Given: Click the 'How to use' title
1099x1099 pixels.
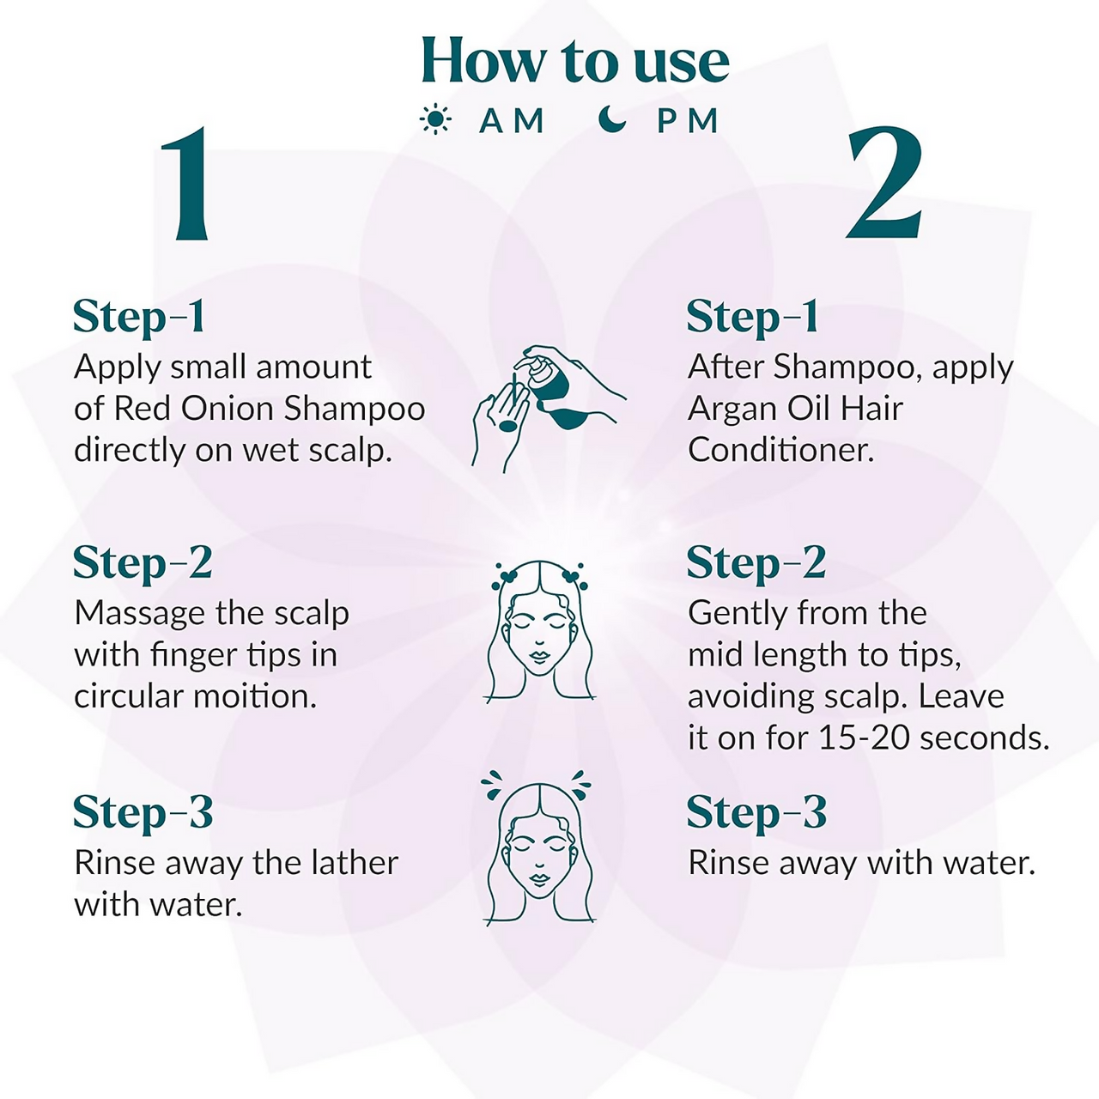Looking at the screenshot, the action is (x=575, y=60).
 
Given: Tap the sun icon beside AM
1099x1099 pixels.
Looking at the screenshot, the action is (x=435, y=119).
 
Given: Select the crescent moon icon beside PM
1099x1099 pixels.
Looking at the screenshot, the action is (x=612, y=119).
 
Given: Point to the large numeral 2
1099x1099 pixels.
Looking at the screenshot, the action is (x=883, y=183).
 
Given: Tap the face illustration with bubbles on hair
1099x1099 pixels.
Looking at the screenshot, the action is (x=539, y=631).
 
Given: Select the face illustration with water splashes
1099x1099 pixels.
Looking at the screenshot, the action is (x=538, y=847).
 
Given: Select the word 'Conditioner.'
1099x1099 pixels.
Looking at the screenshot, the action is (x=780, y=450).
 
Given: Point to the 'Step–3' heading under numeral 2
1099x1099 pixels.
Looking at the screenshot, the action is (x=756, y=813).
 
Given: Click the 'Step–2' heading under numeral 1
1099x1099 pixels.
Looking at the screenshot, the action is (x=143, y=564).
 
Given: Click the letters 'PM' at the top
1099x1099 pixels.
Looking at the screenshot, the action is (x=687, y=120).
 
